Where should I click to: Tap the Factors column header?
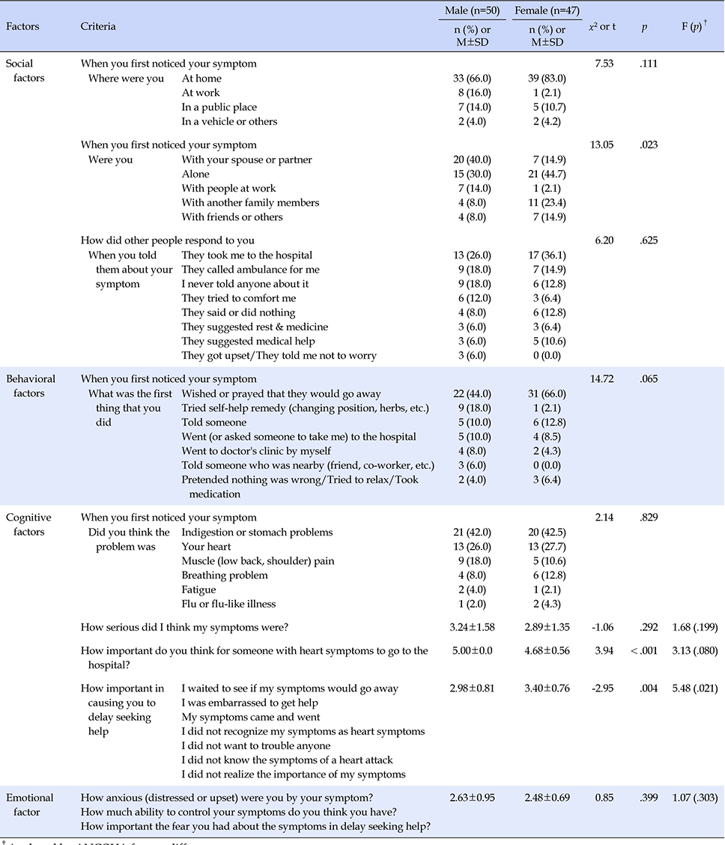(22, 26)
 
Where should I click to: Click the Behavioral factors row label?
(31, 386)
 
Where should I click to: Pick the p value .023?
(649, 145)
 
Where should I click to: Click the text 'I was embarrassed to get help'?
(249, 703)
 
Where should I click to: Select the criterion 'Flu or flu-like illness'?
(229, 604)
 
